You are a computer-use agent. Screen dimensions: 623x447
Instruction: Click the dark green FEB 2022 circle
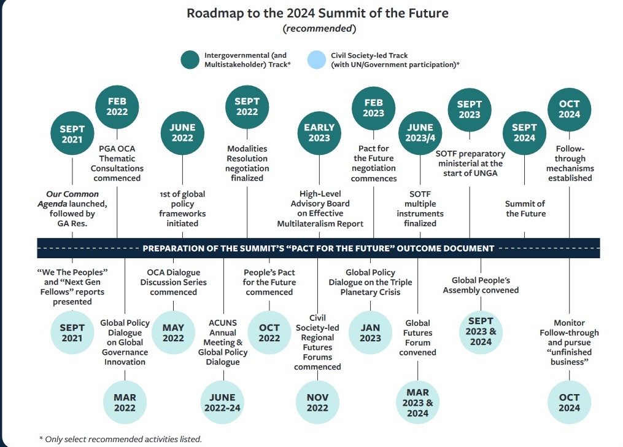[117, 107]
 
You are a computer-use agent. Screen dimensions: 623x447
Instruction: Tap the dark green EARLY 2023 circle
[319, 133]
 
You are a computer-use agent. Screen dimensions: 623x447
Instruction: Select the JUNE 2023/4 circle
[420, 133]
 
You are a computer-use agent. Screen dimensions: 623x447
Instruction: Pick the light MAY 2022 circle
[173, 333]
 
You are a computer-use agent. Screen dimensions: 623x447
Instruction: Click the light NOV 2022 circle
[317, 402]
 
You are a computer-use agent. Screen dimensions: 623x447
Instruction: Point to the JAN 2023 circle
[370, 333]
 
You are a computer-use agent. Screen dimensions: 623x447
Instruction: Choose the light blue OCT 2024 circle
[570, 402]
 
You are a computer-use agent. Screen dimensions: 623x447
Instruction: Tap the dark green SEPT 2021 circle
[72, 134]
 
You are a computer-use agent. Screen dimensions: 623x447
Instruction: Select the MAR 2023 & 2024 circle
[417, 402]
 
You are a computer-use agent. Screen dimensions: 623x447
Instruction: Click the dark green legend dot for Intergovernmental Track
[190, 60]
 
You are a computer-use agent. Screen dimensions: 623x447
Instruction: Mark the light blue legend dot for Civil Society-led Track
[317, 60]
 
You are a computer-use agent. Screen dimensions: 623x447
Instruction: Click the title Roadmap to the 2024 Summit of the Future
[317, 13]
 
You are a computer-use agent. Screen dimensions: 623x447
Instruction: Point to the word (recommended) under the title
[319, 29]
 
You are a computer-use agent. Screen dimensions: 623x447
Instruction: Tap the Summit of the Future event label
[525, 208]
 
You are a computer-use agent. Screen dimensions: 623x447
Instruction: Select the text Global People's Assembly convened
[481, 285]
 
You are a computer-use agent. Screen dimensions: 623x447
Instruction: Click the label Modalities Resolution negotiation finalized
[247, 163]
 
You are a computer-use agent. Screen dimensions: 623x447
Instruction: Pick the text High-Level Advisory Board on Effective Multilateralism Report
[320, 208]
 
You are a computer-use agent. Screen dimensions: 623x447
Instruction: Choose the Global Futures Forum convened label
[417, 338]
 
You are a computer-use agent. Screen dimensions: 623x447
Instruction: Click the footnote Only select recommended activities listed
[120, 439]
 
